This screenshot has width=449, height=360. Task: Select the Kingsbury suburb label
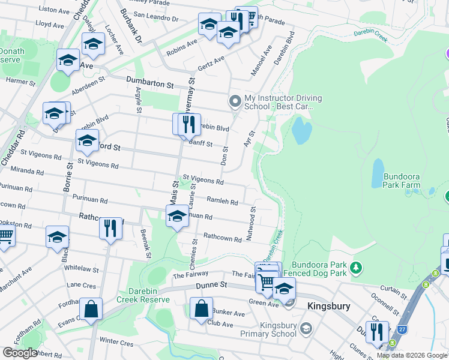pos(328,306)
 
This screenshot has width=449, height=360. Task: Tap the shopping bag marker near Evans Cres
pos(91,310)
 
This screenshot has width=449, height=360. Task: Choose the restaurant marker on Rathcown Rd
pos(110,228)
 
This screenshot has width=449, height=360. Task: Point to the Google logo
pos(20,352)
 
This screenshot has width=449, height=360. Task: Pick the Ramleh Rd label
pos(223,202)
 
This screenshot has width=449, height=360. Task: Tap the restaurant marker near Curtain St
pos(377,331)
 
